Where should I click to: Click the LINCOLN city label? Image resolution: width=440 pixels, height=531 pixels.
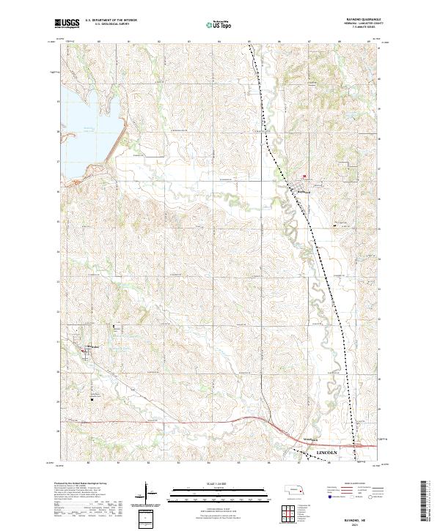click(x=330, y=454)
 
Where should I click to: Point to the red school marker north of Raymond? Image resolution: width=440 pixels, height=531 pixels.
click(x=305, y=176)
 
